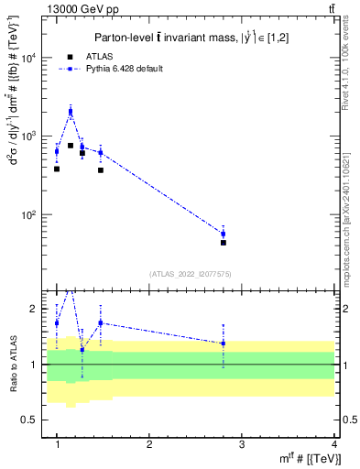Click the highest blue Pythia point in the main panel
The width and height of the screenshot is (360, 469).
[x=71, y=112]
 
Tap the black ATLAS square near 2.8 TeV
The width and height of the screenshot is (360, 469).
[x=224, y=243]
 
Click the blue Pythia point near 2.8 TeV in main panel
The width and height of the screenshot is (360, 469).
[x=224, y=234]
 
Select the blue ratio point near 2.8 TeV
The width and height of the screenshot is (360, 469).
[x=224, y=344]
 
